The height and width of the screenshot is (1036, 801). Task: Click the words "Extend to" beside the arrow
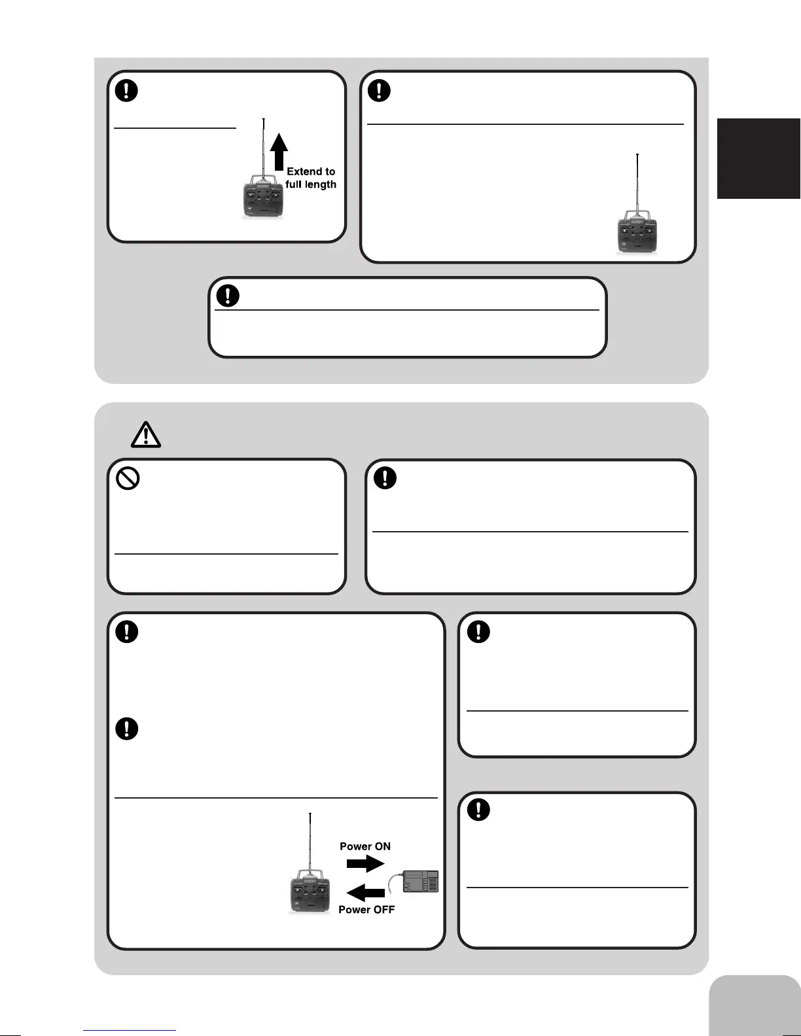[311, 171]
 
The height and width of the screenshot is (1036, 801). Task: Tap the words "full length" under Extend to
[311, 184]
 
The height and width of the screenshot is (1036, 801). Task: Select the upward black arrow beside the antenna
[279, 152]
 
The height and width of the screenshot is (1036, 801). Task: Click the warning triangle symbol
[146, 434]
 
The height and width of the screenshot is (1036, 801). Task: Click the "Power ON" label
[365, 846]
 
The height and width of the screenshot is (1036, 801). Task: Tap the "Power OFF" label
[366, 909]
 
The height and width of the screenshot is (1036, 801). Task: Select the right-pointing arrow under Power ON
[365, 864]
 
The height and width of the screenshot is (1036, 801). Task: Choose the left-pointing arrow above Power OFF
[365, 893]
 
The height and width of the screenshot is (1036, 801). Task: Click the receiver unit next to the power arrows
[421, 882]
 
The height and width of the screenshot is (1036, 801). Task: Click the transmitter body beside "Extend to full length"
[263, 199]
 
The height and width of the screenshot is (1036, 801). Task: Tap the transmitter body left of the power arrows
[310, 895]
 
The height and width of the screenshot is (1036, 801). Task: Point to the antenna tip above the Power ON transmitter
[310, 814]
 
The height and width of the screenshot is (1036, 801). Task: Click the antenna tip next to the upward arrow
[263, 120]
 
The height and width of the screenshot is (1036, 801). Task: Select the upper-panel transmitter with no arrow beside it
[637, 234]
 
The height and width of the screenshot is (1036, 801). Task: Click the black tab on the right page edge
[759, 158]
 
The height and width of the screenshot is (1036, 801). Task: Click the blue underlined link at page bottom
[130, 1030]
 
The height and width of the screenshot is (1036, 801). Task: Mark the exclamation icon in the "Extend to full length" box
[127, 90]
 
